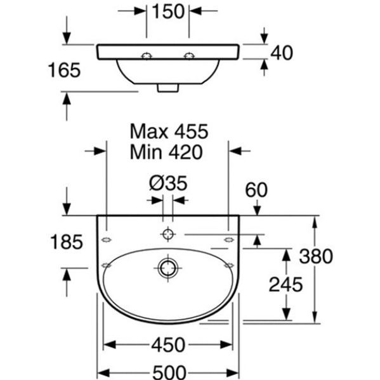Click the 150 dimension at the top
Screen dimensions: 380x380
168,11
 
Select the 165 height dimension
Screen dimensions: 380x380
64,70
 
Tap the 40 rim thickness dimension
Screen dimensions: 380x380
282,53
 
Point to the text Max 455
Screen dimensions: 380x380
169,131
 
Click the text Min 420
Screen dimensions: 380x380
166,152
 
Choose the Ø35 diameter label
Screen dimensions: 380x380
168,183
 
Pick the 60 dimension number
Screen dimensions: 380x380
256,190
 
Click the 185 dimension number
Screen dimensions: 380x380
67,242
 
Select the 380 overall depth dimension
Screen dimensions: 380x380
316,256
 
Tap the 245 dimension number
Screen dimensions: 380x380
286,284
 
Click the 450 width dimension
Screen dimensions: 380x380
168,344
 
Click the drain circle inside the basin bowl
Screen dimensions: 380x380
167,268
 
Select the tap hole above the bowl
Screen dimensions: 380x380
167,234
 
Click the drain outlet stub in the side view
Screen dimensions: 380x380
168,88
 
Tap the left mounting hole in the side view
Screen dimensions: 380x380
147,56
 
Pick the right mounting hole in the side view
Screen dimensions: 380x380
189,56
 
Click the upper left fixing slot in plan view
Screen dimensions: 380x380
107,240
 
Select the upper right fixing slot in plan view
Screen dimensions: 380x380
229,240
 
